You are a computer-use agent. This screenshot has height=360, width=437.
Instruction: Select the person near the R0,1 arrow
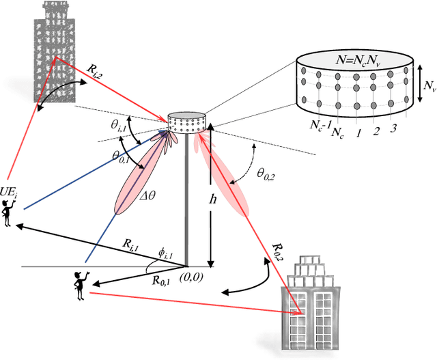pos(80,285)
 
